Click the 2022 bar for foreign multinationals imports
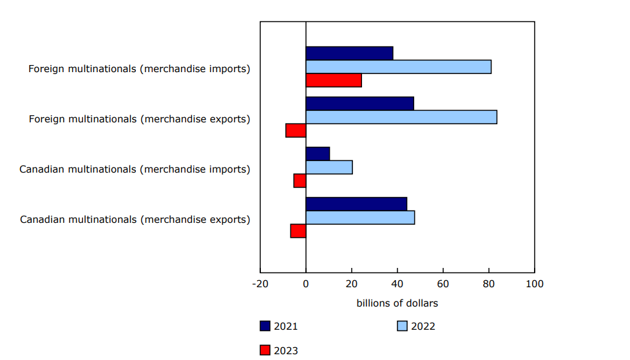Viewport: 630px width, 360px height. click(398, 67)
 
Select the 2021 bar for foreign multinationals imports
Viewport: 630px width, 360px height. click(349, 53)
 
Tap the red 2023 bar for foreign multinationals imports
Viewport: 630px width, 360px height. click(334, 81)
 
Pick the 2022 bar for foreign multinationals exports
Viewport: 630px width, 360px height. click(401, 117)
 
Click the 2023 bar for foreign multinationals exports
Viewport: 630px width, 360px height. click(296, 131)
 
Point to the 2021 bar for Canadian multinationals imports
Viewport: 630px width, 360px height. click(318, 154)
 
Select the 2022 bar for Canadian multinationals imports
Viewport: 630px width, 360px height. click(329, 167)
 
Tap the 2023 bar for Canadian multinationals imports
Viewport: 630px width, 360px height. click(300, 181)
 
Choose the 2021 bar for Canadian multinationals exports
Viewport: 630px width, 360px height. click(356, 204)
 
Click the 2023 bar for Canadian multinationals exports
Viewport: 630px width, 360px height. click(298, 231)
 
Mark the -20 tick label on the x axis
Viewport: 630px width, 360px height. click(260, 284)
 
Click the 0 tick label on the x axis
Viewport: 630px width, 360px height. click(306, 284)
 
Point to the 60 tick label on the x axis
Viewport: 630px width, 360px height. click(443, 284)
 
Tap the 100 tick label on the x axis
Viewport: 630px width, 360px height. click(534, 284)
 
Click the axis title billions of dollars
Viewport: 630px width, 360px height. click(397, 303)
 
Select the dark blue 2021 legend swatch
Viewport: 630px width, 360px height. click(265, 326)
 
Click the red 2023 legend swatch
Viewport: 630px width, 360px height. click(265, 350)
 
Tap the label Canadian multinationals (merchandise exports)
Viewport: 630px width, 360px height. click(135, 220)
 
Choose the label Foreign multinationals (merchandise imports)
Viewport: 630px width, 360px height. click(139, 69)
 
